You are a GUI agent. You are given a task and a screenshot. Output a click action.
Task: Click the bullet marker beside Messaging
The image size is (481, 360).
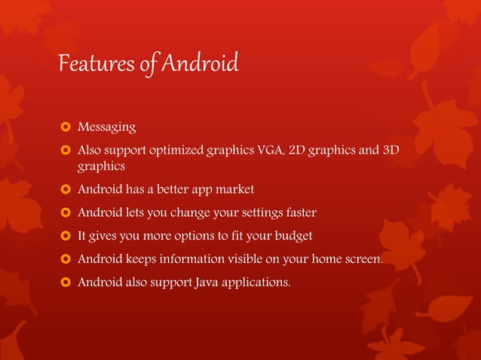pyautogui.click(x=64, y=126)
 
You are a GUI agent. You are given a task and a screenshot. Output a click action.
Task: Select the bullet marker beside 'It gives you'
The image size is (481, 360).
pyautogui.click(x=64, y=236)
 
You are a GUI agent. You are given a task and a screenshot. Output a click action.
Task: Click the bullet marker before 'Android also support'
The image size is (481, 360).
pyautogui.click(x=64, y=283)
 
